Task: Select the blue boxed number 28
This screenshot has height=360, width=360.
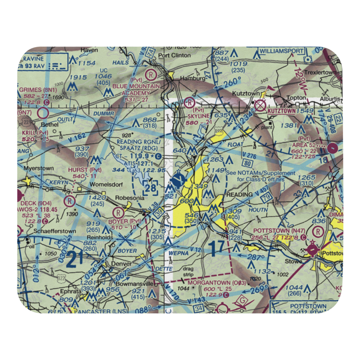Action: pyautogui.click(x=150, y=188)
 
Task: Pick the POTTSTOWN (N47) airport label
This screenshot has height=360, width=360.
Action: pyautogui.click(x=274, y=230)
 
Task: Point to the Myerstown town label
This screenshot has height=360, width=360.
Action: pyautogui.click(x=38, y=168)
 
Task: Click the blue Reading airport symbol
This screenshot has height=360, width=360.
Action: pyautogui.click(x=178, y=179)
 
